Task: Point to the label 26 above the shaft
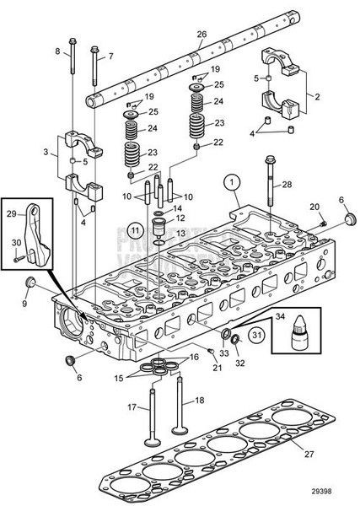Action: pos(201,34)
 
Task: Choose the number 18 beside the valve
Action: pos(199,400)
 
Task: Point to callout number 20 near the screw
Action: pos(314,206)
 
